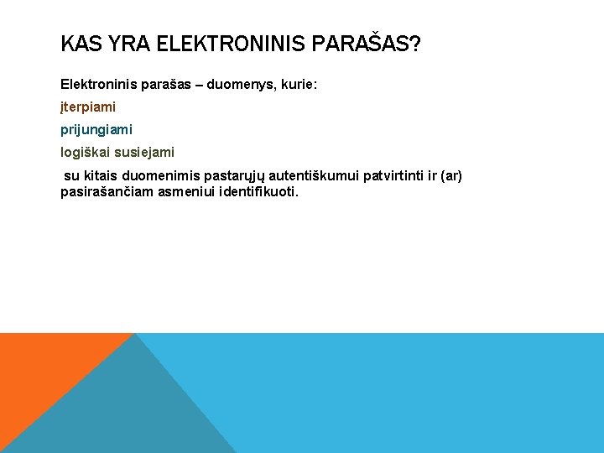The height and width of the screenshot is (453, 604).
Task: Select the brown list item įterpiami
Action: tap(88, 107)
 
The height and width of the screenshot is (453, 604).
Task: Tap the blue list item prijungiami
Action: tap(96, 130)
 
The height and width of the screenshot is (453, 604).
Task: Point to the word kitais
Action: tap(99, 176)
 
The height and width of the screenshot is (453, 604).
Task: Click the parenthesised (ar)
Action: tap(450, 176)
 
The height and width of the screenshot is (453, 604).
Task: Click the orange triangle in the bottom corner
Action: tap(42, 369)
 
